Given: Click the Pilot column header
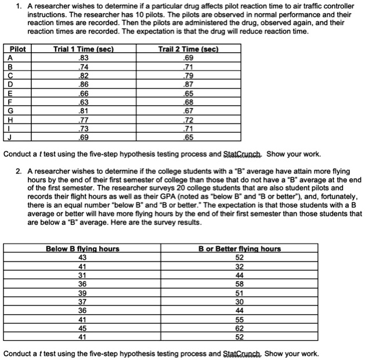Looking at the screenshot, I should tap(12, 49).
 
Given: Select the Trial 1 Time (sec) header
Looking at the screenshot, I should tap(83, 49).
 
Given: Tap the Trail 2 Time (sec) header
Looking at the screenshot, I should tap(187, 49).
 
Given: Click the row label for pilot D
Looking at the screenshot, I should tap(7, 84).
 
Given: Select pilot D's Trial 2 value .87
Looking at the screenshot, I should tap(187, 84).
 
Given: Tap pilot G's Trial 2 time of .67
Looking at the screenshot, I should tap(187, 110).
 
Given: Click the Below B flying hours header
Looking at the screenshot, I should tap(82, 249).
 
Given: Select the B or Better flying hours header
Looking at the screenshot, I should tap(240, 249).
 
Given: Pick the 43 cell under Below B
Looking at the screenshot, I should tap(82, 257).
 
